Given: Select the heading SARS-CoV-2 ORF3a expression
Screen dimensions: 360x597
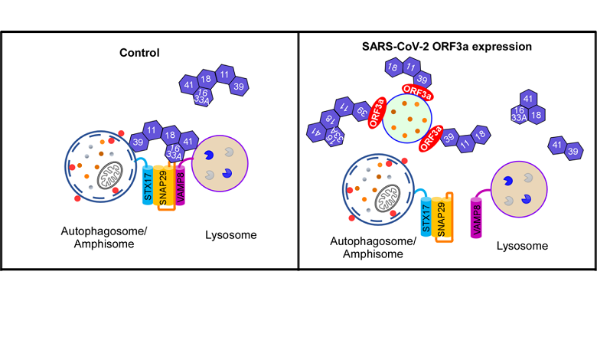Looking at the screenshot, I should point(446,47).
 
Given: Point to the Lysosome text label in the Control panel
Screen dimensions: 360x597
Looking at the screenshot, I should point(231,235).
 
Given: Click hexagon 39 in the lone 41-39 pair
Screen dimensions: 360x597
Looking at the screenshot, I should point(573,152).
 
